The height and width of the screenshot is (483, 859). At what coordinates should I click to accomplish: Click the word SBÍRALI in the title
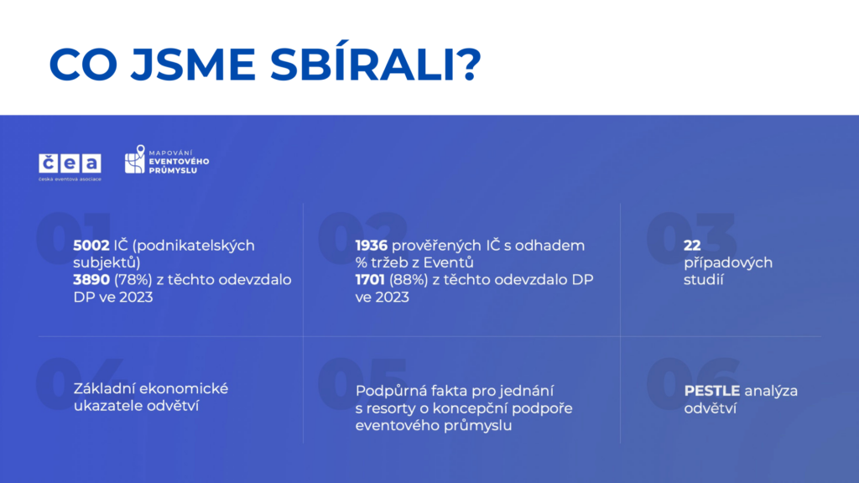click(x=375, y=64)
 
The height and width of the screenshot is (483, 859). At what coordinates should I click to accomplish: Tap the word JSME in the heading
click(x=193, y=65)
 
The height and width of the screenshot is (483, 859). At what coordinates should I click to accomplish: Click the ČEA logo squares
click(x=70, y=164)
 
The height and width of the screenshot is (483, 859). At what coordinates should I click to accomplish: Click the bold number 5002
click(x=91, y=246)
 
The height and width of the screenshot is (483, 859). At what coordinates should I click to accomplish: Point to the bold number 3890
click(x=91, y=280)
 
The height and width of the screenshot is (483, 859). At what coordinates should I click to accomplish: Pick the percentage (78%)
click(x=133, y=280)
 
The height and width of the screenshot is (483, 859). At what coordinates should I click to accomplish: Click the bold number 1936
click(x=372, y=246)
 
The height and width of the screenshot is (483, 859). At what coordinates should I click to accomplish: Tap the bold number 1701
click(x=370, y=280)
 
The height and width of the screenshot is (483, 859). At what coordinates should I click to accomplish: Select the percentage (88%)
click(x=409, y=280)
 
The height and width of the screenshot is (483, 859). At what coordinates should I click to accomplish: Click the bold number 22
click(x=692, y=246)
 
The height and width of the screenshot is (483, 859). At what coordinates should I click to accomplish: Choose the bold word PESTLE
click(x=712, y=391)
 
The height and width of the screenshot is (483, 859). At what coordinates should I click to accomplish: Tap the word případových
click(x=728, y=263)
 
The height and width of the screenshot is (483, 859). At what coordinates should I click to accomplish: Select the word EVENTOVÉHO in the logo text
click(x=180, y=162)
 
